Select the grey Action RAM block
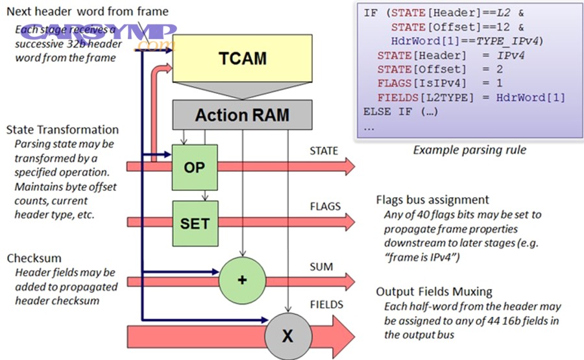coord(242,115)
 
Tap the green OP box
coord(194,167)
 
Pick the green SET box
coord(195,223)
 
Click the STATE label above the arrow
coord(324,151)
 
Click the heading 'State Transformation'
coord(62,130)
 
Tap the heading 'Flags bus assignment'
coord(433,200)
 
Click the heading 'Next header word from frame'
coord(88,11)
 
